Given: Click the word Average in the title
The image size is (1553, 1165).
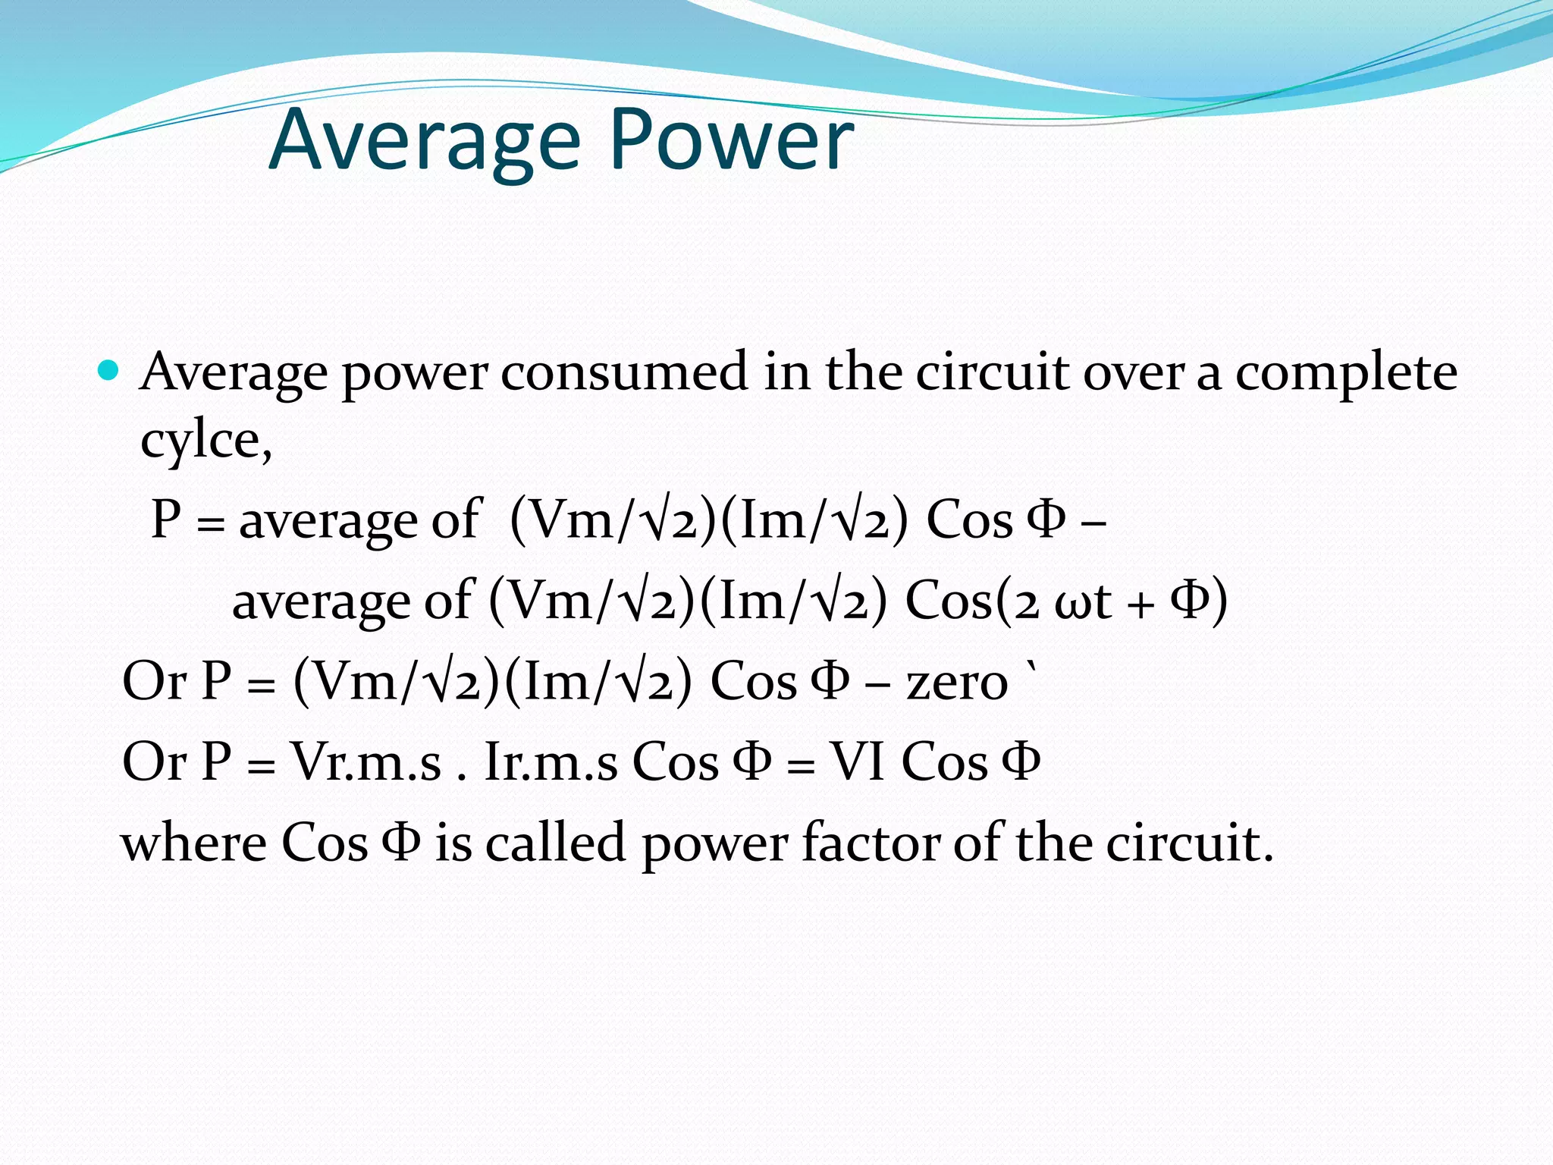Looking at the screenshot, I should click(425, 141).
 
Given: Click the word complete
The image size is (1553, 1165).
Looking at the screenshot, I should click(1346, 373).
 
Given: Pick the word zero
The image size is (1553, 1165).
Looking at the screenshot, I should click(957, 681).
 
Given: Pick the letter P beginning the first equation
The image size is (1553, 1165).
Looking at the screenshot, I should click(166, 520).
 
